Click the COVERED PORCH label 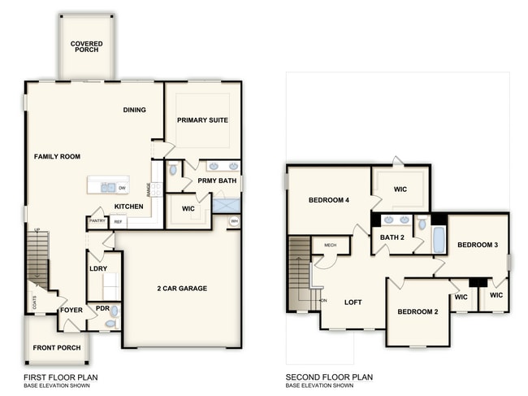85,46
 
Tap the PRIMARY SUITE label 203,120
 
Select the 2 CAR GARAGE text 182,288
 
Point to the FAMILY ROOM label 57,156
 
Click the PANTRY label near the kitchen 97,220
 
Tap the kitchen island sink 108,187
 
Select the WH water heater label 234,220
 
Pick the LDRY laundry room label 98,268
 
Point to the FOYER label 71,309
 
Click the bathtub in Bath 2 439,240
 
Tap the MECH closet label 330,245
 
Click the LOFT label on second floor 353,302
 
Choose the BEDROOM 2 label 418,311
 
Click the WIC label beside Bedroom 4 399,189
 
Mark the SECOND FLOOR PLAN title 329,377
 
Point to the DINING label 135,111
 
